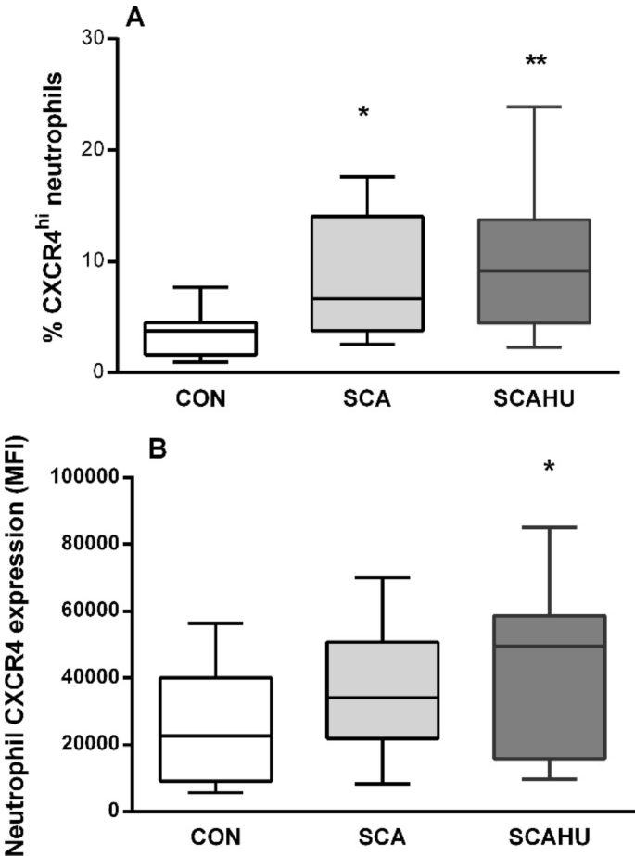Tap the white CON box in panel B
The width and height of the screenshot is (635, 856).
click(x=215, y=729)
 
